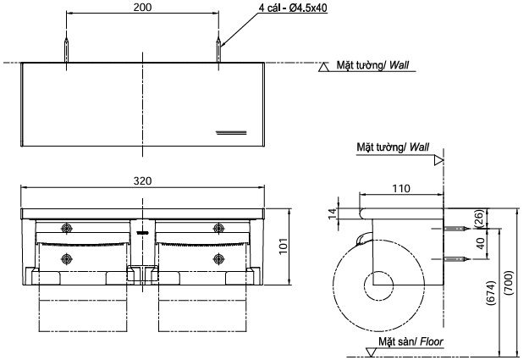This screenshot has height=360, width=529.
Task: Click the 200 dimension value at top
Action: click(141, 7)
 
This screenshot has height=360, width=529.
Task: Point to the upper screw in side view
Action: click(455, 230)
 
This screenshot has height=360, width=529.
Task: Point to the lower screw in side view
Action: click(455, 258)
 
